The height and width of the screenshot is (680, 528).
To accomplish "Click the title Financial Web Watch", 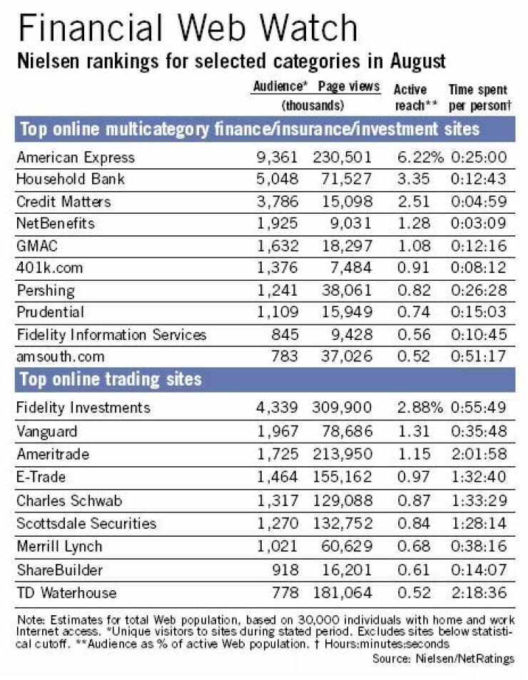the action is pos(188,28).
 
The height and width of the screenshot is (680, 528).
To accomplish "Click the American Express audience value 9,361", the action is pos(277,157).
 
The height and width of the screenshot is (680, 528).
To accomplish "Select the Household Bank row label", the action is pos(71,179).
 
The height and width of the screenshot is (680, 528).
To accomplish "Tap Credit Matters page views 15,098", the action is pos(347,201).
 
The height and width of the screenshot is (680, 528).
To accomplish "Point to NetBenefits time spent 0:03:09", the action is pos(479,223).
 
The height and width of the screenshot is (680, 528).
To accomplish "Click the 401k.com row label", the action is pos(49,267).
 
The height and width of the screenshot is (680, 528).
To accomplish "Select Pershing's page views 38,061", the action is pos(347,290).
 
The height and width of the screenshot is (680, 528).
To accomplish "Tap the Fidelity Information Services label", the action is pos(111,334).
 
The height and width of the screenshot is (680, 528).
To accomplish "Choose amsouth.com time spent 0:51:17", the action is pos(479,356).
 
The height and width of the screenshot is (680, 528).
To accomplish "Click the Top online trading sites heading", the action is pos(111,379).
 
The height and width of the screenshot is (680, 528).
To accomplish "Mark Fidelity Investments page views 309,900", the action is pos(342,407).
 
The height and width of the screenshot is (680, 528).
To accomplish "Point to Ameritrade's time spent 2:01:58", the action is pos(479,453).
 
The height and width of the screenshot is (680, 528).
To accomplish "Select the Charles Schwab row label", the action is pos(69,500).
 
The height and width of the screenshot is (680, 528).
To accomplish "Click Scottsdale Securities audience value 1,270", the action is pos(277,523).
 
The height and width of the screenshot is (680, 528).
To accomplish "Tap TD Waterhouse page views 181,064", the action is pos(342,592).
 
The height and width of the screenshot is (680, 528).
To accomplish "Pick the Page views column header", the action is pos(349,86).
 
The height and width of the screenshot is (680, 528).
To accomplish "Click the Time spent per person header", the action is pos(479,98).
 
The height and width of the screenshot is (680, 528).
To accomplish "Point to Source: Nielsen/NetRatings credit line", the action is pos(443,659).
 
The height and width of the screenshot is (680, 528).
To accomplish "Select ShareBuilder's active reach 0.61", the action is pos(414,570).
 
